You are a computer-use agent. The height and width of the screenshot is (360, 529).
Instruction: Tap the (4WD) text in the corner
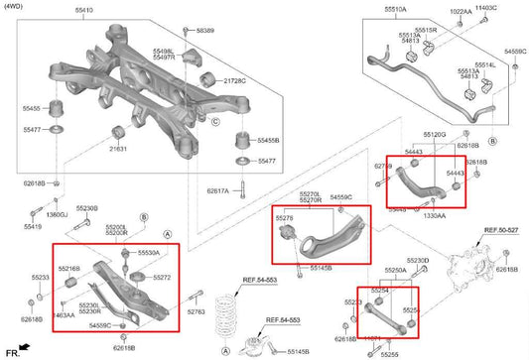pyautogui.click(x=16, y=7)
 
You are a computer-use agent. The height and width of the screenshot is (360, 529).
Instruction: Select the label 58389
pyautogui.click(x=205, y=31)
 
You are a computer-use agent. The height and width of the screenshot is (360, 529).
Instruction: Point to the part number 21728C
pyautogui.click(x=236, y=78)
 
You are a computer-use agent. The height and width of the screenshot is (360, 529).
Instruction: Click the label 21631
pyautogui.click(x=118, y=148)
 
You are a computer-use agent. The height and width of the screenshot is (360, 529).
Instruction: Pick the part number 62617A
pyautogui.click(x=218, y=190)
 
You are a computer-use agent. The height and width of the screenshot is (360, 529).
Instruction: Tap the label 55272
pyautogui.click(x=162, y=277)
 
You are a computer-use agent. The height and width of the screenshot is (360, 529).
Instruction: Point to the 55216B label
pyautogui.click(x=69, y=269)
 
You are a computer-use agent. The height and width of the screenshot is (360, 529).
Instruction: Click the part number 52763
pyautogui.click(x=196, y=312)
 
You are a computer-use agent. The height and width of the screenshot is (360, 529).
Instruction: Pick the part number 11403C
pyautogui.click(x=485, y=8)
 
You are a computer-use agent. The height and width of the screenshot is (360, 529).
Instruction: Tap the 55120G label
pyautogui.click(x=434, y=133)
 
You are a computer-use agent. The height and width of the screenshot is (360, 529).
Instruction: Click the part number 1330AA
pyautogui.click(x=435, y=214)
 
